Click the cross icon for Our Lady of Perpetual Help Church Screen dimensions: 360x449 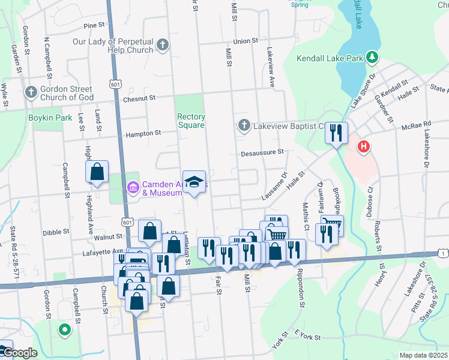coord(162,45)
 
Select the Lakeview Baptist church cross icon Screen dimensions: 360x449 coord(244,126)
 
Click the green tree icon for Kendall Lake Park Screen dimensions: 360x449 coord(373,58)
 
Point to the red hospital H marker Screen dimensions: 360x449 coord(363,147)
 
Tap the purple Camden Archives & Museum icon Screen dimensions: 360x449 coord(133,188)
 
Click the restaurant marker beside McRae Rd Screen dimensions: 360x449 coord(337,132)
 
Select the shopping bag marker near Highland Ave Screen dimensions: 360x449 coord(97,172)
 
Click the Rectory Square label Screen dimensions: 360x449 coord(191,121)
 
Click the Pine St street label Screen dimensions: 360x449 coord(94,26)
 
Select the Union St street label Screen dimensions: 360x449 coord(246,41)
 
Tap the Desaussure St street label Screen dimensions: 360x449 coord(262,152)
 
